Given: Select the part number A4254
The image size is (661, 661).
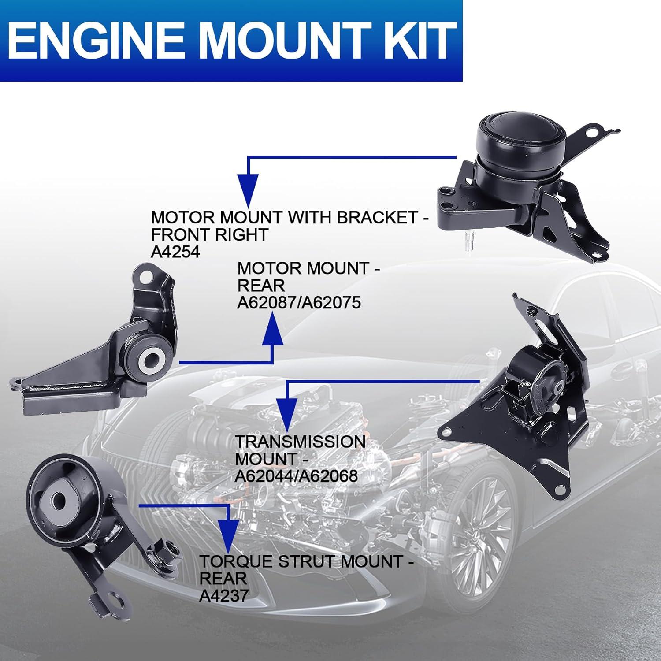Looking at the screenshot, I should click(175, 252).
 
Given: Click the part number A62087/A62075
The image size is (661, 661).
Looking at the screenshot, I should click(299, 303).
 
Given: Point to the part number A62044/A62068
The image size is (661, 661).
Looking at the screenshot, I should click(296, 476).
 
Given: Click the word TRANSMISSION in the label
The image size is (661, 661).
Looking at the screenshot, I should click(300, 442).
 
